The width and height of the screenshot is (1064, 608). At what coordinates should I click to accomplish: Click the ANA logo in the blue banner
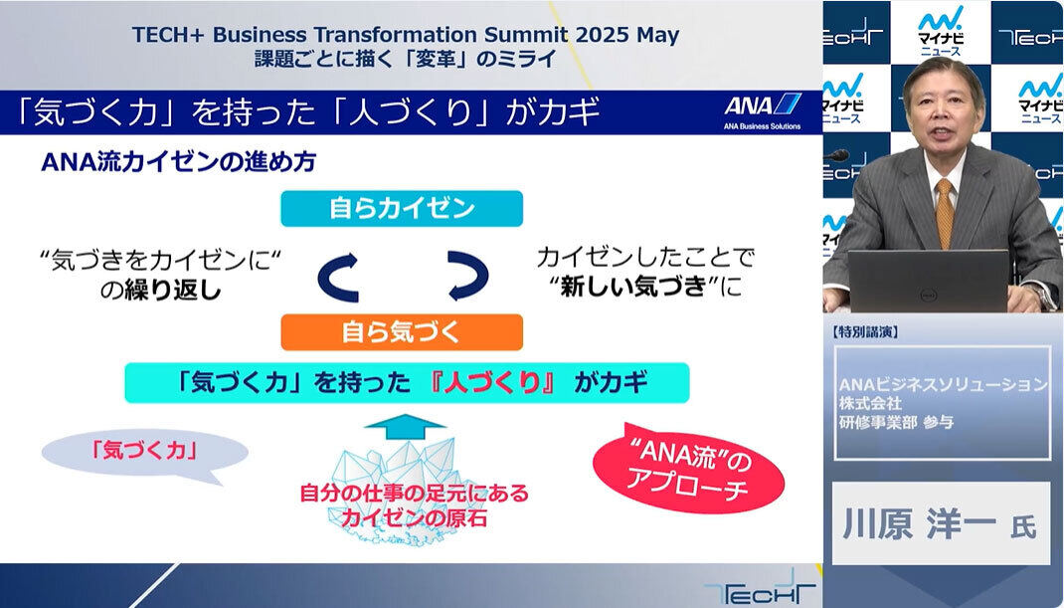(x=763, y=110)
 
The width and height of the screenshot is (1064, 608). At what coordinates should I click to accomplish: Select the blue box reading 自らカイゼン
(x=402, y=209)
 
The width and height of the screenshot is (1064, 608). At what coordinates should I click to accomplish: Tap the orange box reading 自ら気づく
(x=402, y=332)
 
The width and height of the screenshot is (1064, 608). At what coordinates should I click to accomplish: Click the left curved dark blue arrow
(x=338, y=277)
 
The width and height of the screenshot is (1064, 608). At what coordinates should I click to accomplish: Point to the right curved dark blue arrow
(x=468, y=276)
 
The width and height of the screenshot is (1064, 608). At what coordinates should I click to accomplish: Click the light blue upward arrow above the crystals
(x=405, y=427)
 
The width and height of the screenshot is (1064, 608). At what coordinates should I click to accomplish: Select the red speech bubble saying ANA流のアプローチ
(x=688, y=470)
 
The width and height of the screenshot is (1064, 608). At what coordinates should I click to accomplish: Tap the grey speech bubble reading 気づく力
(x=144, y=454)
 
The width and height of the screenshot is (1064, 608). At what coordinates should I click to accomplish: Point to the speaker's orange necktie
(x=944, y=213)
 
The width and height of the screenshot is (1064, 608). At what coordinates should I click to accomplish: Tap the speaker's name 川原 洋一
(x=920, y=523)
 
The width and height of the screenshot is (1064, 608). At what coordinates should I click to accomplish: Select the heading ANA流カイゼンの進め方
(x=178, y=162)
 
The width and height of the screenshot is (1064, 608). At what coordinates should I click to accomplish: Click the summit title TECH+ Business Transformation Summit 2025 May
(x=405, y=35)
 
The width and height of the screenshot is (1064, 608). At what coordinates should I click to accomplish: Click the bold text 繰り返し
(x=173, y=291)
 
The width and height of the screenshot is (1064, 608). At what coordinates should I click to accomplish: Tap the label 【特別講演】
(x=864, y=331)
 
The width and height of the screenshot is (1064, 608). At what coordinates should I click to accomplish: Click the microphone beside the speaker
(x=836, y=155)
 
